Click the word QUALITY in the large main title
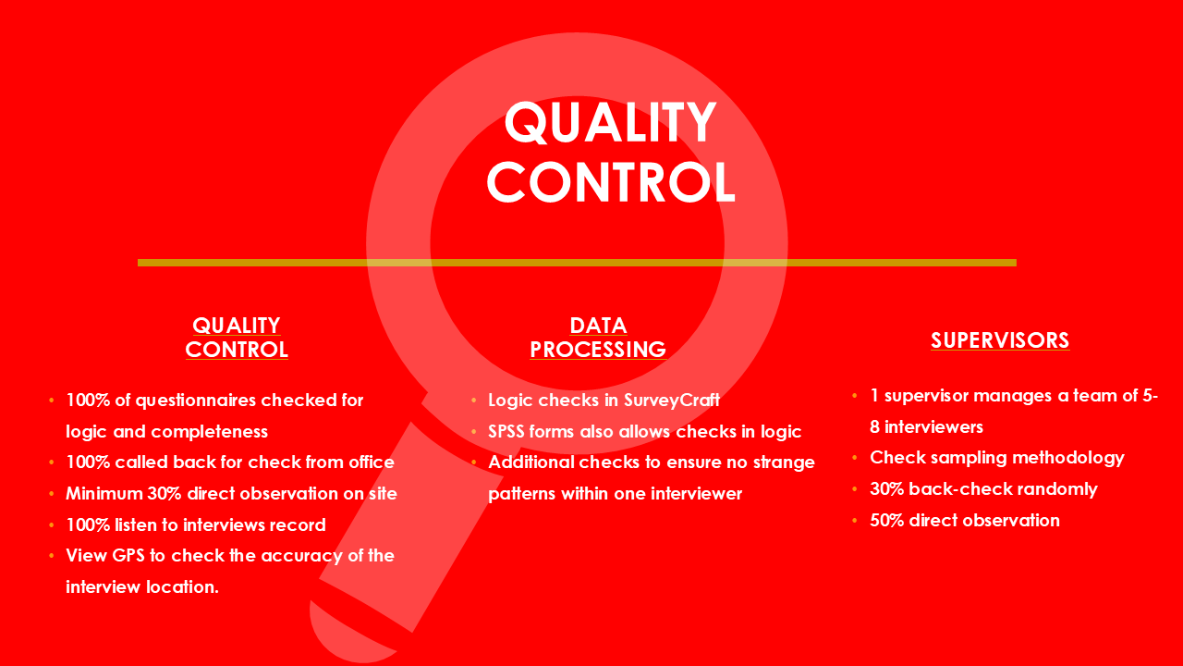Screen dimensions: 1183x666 tap(611, 123)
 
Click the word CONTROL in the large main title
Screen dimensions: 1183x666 tap(611, 182)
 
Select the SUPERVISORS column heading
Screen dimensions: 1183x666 tap(1000, 340)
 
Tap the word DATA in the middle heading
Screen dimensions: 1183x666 tap(598, 326)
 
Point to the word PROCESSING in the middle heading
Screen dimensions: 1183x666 tap(598, 350)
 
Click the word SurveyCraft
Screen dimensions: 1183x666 tap(671, 401)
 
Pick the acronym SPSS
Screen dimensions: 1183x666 tap(506, 432)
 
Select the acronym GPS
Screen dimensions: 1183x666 tap(128, 556)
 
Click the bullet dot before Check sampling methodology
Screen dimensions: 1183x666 tap(855, 458)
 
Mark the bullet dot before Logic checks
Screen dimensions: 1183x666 tap(474, 401)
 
